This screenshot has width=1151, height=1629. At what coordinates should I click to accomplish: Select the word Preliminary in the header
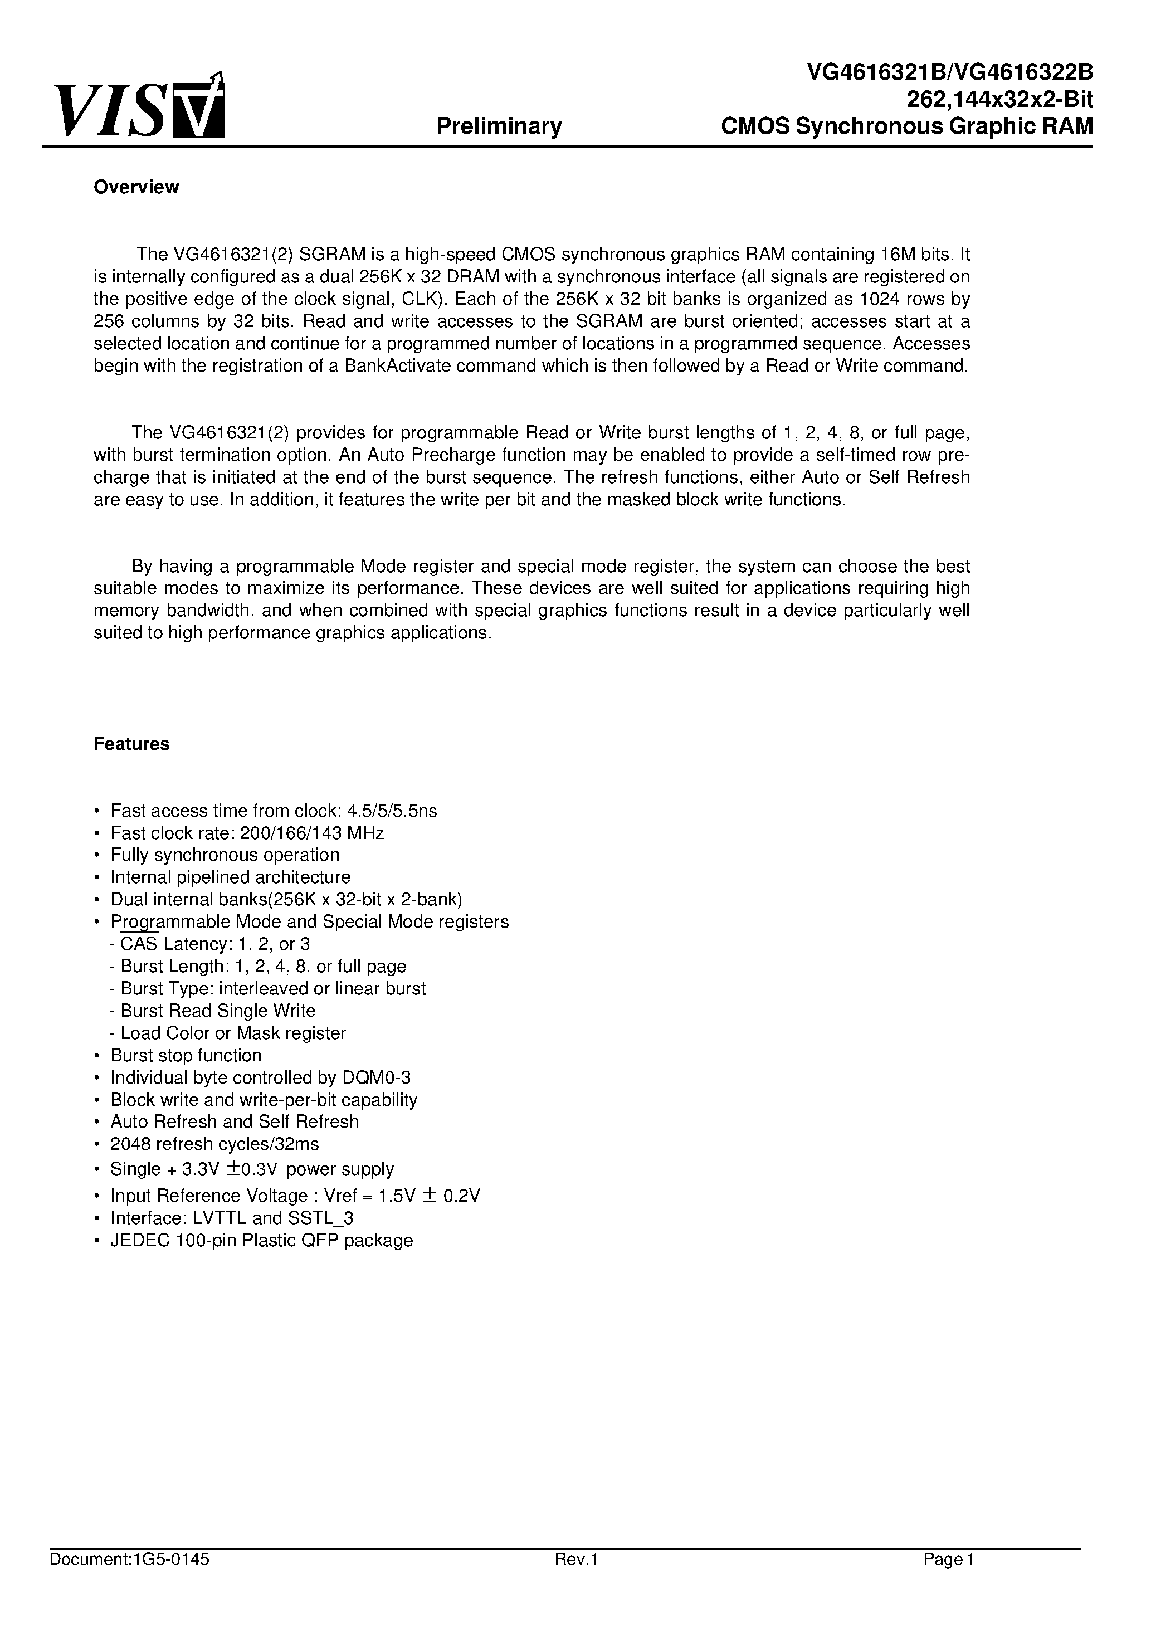pos(499,126)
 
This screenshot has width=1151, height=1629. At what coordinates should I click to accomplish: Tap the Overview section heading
pos(136,187)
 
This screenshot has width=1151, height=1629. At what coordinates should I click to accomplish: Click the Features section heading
pos(131,744)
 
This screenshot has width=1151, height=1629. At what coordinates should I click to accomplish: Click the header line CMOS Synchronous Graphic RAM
pos(906,126)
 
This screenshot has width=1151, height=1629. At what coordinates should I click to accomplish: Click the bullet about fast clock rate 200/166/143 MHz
pos(247,833)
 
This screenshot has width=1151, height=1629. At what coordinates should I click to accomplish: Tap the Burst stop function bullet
pos(186,1055)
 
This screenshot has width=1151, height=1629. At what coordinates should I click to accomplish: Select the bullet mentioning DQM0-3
pos(260,1077)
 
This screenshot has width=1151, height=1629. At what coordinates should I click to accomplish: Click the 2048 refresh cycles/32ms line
pos(214,1144)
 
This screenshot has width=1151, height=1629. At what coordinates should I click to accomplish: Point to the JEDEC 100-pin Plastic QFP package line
pos(261,1240)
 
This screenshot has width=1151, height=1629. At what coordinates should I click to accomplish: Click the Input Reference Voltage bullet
pos(295,1196)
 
